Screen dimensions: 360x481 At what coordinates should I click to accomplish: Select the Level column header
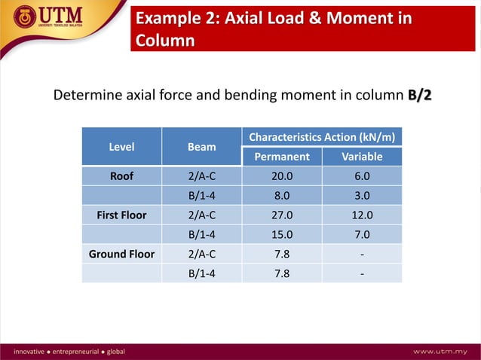pyautogui.click(x=122, y=147)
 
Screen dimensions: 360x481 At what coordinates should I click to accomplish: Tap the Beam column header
pyautogui.click(x=201, y=147)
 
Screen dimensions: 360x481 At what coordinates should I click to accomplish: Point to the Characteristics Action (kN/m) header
pyautogui.click(x=322, y=137)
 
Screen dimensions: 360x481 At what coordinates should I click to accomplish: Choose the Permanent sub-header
pyautogui.click(x=282, y=157)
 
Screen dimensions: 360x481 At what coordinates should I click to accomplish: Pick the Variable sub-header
pyautogui.click(x=362, y=157)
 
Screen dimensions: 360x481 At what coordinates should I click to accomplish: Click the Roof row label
pyautogui.click(x=122, y=176)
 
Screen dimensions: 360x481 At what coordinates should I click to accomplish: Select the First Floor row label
pyautogui.click(x=122, y=215)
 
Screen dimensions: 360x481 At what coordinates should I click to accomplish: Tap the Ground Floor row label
pyautogui.click(x=122, y=254)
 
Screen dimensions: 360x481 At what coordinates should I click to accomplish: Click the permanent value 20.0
pyautogui.click(x=282, y=176)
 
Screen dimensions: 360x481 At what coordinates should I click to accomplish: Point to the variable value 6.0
pyautogui.click(x=362, y=176)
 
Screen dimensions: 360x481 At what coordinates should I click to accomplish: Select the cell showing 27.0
pyautogui.click(x=282, y=215)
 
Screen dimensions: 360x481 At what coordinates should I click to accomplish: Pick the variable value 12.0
pyautogui.click(x=362, y=215)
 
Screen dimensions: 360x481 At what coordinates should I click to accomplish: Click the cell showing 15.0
pyautogui.click(x=282, y=235)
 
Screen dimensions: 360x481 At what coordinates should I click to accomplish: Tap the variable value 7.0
pyautogui.click(x=362, y=235)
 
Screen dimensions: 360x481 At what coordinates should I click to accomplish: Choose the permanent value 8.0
pyautogui.click(x=282, y=196)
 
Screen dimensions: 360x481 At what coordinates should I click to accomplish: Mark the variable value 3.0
pyautogui.click(x=362, y=196)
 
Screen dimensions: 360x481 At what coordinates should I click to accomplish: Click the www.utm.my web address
pyautogui.click(x=443, y=352)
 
